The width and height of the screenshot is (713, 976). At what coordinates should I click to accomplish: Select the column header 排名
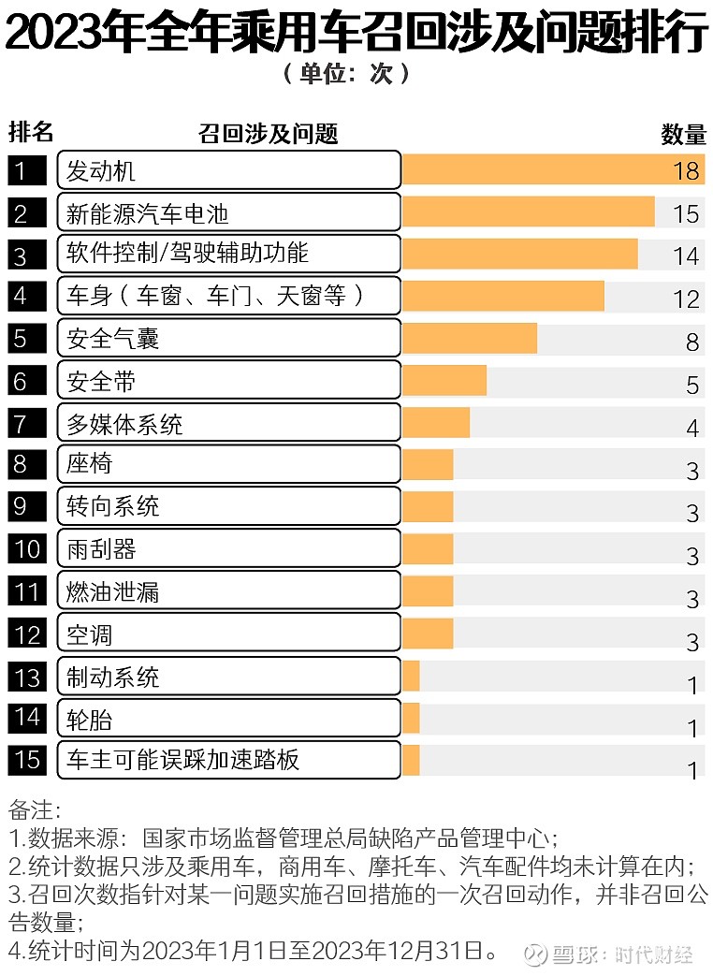31,132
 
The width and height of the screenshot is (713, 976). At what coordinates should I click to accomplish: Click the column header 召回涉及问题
268,134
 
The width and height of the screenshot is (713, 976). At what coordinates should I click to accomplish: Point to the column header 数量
682,134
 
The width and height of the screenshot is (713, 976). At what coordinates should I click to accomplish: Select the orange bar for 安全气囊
469,339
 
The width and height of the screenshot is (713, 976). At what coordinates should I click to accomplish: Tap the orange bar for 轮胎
411,719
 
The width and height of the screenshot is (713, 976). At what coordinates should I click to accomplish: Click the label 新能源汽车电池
148,212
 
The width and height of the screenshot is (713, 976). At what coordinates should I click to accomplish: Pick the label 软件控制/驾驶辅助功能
187,254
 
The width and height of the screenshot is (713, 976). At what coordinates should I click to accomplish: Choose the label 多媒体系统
124,424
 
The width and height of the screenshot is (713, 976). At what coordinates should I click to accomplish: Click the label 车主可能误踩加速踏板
182,759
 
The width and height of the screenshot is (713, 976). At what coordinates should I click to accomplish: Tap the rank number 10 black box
28,548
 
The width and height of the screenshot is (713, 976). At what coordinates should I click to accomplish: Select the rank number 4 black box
22,296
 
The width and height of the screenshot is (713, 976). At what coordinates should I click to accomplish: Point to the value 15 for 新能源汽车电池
685,213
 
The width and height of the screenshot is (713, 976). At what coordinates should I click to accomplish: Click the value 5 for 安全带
691,384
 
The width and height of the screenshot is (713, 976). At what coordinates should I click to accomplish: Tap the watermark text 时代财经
654,954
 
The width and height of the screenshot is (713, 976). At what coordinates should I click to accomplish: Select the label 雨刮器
102,548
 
